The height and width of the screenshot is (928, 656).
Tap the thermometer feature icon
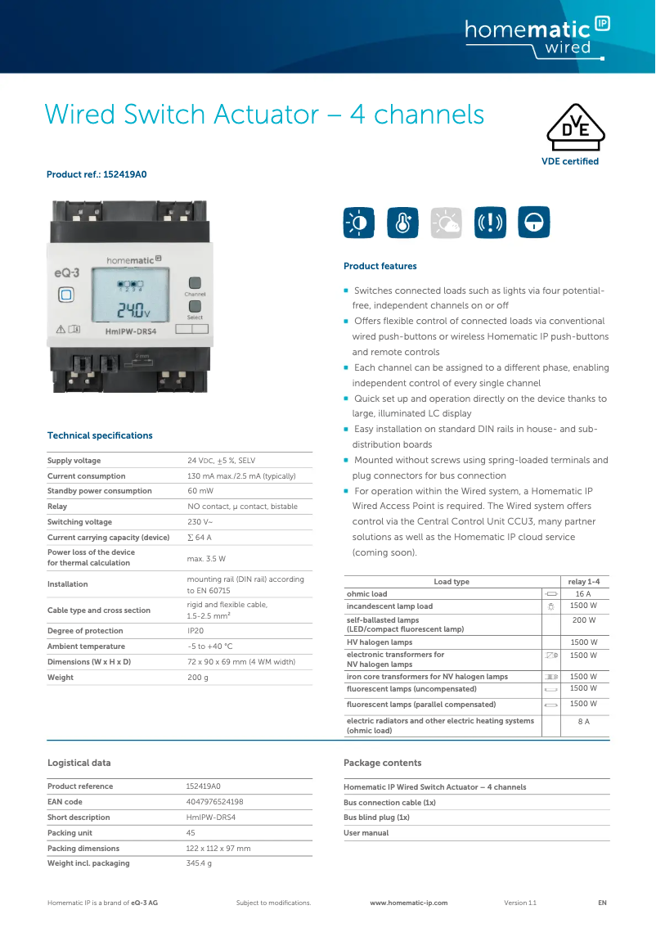[x=402, y=222]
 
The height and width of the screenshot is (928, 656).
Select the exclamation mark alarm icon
[x=490, y=222]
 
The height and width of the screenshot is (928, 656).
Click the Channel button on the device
[x=195, y=282]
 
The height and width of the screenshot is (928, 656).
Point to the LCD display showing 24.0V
[x=130, y=299]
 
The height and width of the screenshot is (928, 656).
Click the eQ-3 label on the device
[x=67, y=273]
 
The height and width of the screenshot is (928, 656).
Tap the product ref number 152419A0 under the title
[x=125, y=174]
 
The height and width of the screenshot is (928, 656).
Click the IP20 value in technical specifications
[x=196, y=631]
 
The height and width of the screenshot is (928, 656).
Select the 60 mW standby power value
[x=201, y=491]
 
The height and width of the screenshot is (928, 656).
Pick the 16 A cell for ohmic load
[x=583, y=594]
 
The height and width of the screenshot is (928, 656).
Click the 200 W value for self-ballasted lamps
[x=583, y=620]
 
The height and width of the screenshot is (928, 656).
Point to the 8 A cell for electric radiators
[x=583, y=722]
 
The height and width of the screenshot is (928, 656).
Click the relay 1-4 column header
[x=589, y=582]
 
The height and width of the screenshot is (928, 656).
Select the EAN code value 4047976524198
[x=214, y=802]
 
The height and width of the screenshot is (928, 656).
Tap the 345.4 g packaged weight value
[x=199, y=863]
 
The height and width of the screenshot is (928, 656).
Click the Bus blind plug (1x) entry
[x=376, y=818]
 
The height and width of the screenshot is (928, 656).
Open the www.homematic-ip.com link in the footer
[x=409, y=903]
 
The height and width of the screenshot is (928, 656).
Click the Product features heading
[x=380, y=266]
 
